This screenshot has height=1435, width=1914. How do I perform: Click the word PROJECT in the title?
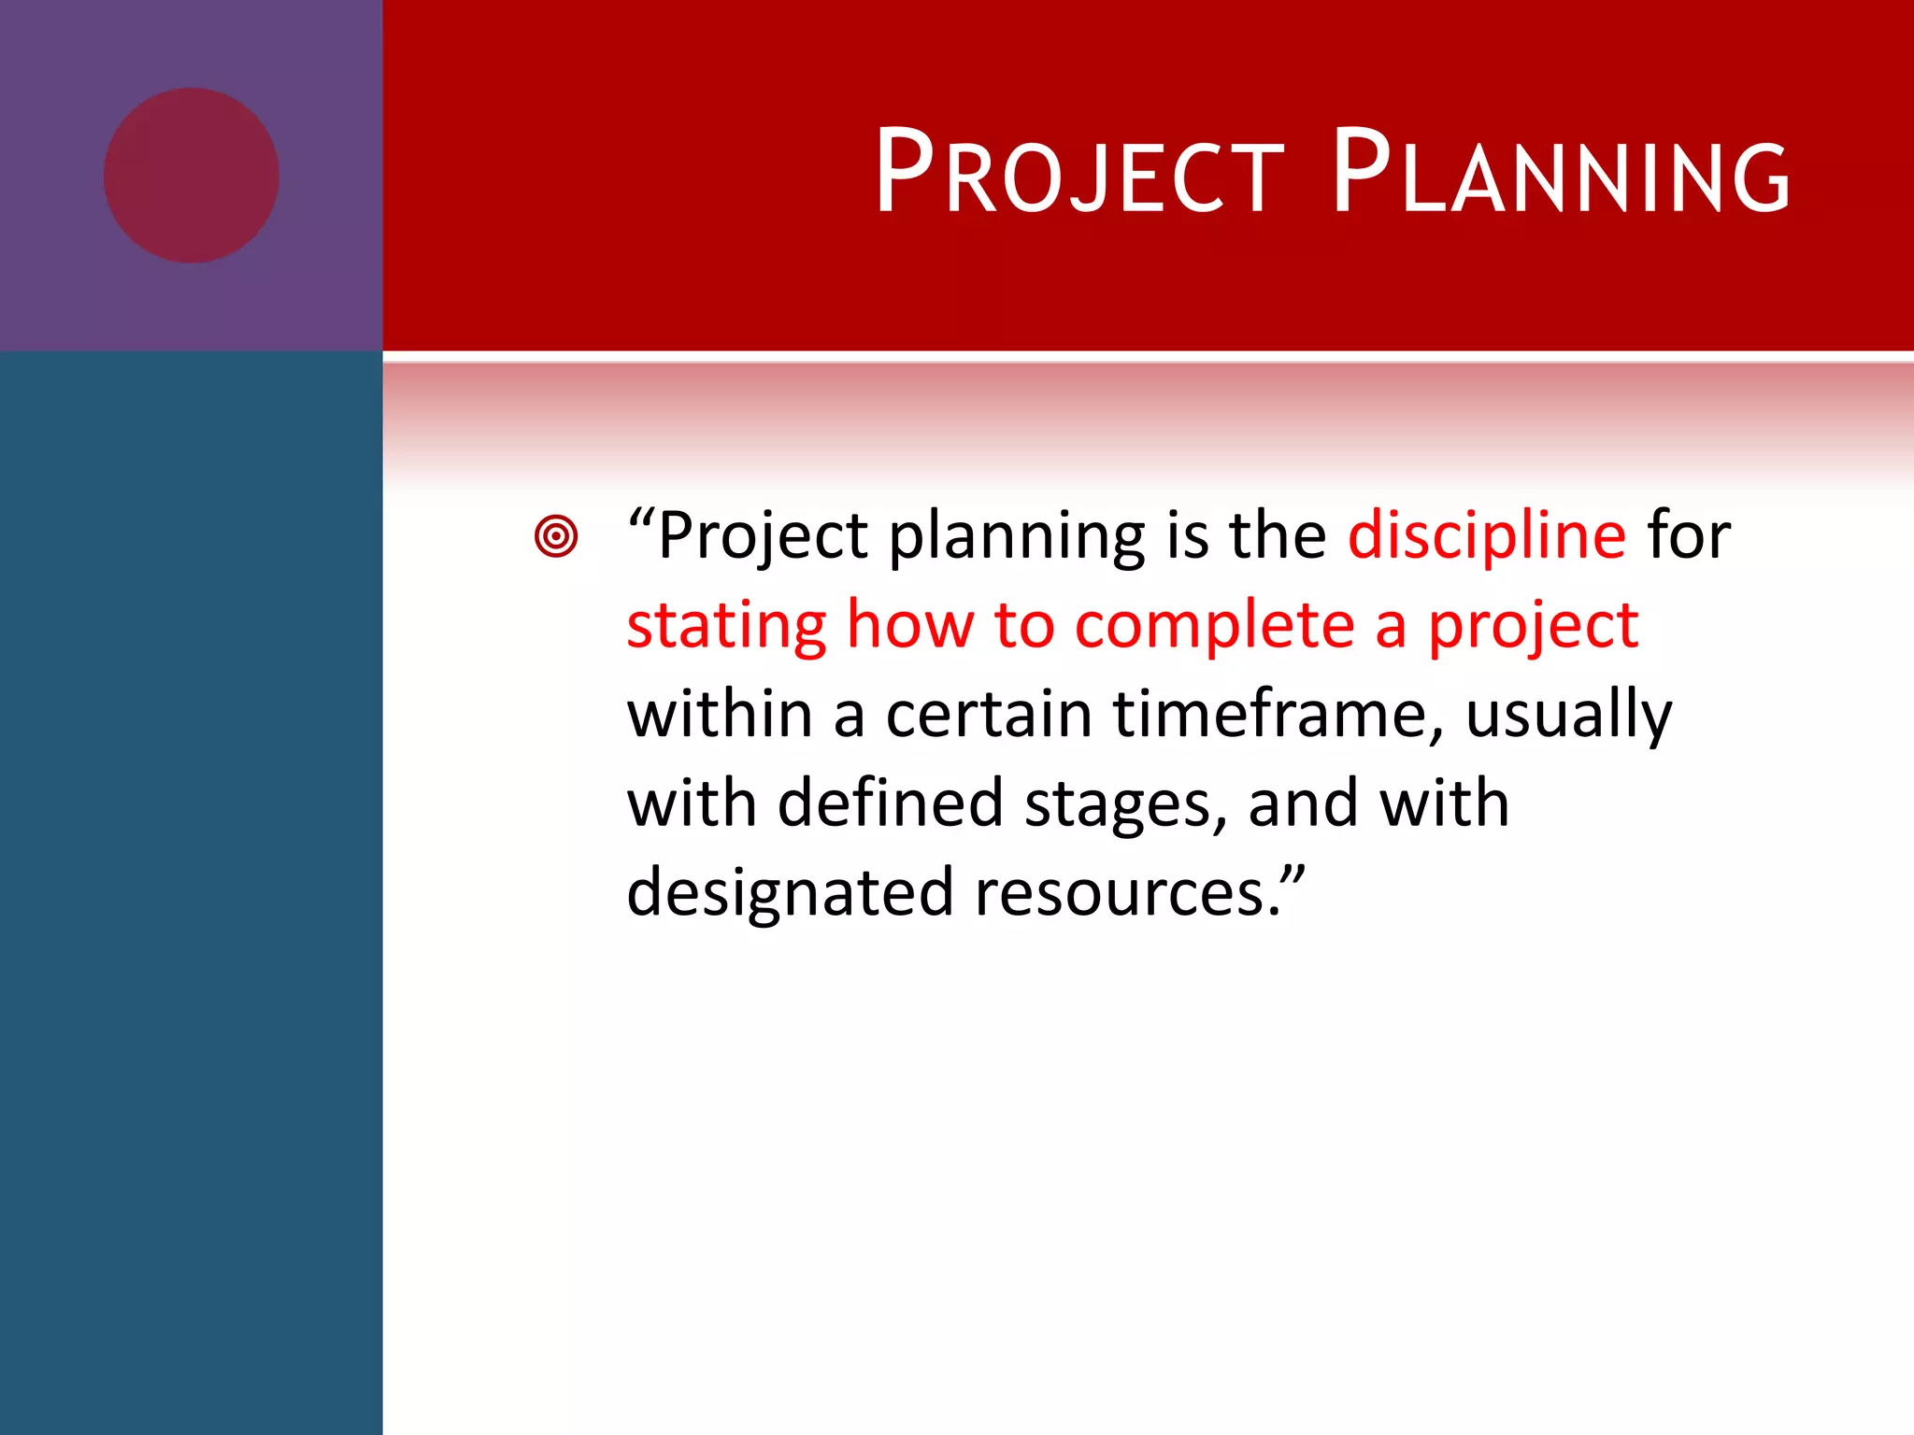[x=1079, y=173]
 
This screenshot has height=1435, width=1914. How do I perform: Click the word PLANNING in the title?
[x=1561, y=173]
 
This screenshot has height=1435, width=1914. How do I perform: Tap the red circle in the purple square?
[x=191, y=176]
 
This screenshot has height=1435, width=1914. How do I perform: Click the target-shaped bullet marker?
[x=556, y=536]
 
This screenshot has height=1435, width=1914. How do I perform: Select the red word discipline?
[x=1487, y=535]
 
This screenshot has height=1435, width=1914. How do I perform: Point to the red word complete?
[x=1214, y=625]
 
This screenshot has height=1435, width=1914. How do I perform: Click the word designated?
[x=790, y=893]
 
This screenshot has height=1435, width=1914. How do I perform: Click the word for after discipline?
[x=1689, y=535]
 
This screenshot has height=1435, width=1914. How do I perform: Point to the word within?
[x=719, y=714]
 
